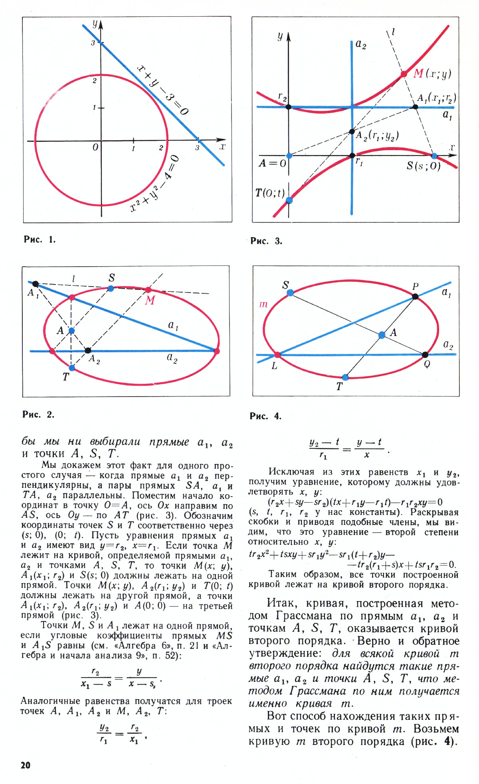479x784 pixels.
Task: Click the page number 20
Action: [x=25, y=764]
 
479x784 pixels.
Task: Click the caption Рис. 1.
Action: [x=40, y=240]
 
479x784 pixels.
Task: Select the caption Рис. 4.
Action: [x=265, y=416]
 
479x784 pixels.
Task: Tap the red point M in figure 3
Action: [x=404, y=74]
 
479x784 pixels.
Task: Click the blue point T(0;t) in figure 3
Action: [x=289, y=200]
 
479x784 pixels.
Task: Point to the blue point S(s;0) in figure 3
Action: [x=434, y=155]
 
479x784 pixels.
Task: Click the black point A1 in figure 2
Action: [x=35, y=284]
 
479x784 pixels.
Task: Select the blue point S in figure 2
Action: [x=111, y=288]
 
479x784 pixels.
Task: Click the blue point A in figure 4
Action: [x=382, y=335]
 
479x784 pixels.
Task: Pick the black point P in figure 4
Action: [x=415, y=296]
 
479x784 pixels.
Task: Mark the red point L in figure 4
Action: [x=277, y=355]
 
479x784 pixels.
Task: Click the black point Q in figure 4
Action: [x=425, y=354]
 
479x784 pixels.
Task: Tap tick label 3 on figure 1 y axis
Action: [x=93, y=43]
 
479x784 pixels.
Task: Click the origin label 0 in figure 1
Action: [x=95, y=147]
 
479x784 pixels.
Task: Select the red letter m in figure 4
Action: [x=263, y=305]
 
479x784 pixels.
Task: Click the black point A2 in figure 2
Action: [x=88, y=350]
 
